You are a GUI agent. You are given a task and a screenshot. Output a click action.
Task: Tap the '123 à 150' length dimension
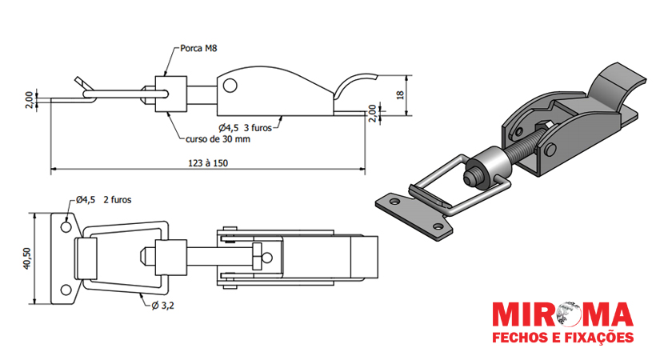pyautogui.click(x=206, y=162)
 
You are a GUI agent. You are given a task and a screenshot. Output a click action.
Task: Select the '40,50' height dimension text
pyautogui.click(x=26, y=258)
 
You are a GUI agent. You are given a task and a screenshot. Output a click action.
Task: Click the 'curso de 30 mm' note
pyautogui.click(x=218, y=139)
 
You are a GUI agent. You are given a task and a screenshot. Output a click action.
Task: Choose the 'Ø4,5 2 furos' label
pyautogui.click(x=106, y=200)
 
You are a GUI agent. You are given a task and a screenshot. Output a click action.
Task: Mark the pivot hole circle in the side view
pyautogui.click(x=230, y=85)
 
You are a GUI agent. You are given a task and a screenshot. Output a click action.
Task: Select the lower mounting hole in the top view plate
pyautogui.click(x=64, y=290)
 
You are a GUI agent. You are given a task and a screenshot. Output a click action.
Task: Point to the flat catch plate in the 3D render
pyautogui.click(x=412, y=212)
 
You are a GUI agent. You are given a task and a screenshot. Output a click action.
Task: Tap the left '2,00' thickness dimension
pyautogui.click(x=30, y=100)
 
